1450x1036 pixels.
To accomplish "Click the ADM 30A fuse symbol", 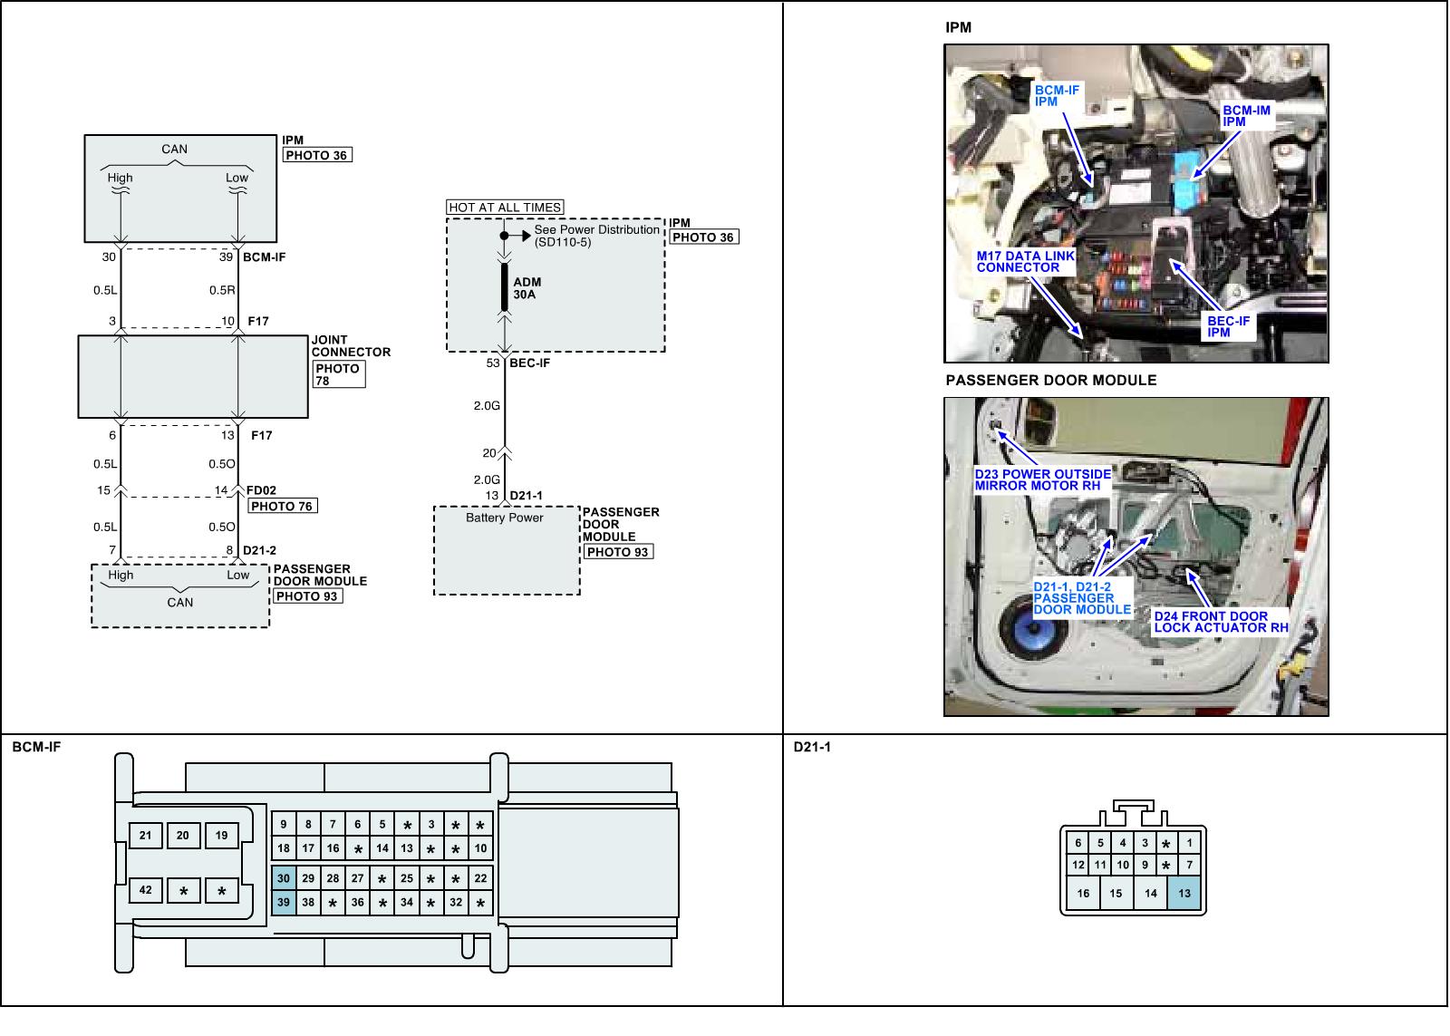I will click(505, 287).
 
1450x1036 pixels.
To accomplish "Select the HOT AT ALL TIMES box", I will click(505, 208).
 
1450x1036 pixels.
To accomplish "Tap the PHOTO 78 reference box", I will click(339, 374).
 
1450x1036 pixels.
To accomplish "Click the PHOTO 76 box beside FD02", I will click(283, 506).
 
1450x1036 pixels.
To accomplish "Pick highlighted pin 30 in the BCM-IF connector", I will click(284, 878).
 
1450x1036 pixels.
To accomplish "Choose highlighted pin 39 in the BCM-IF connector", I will click(284, 903).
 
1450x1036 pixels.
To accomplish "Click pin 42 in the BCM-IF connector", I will click(145, 890).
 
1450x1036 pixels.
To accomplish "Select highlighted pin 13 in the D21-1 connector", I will click(1184, 893).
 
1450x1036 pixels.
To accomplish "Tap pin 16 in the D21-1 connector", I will click(1083, 893).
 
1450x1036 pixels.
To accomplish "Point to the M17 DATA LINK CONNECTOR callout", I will click(1025, 262).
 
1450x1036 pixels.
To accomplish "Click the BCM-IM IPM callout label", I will click(1246, 116).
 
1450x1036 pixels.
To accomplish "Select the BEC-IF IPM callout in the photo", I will click(1228, 326).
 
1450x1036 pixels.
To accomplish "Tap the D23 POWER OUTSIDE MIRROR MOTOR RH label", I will click(1042, 479).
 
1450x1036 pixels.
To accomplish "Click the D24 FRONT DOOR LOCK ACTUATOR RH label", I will click(1220, 622).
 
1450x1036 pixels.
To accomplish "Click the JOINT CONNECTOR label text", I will click(351, 346).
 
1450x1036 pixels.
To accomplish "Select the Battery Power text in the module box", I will click(504, 518).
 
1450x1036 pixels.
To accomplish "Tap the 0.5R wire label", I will click(222, 291).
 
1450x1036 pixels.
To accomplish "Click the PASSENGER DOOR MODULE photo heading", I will click(1050, 381).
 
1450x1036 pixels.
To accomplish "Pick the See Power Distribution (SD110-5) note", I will click(596, 236).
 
